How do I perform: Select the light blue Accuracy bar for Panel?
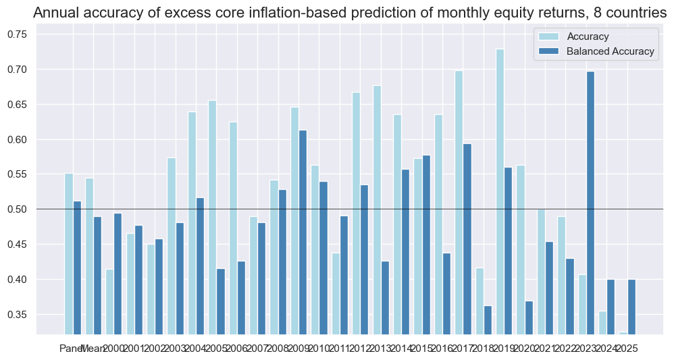point(69,253)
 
